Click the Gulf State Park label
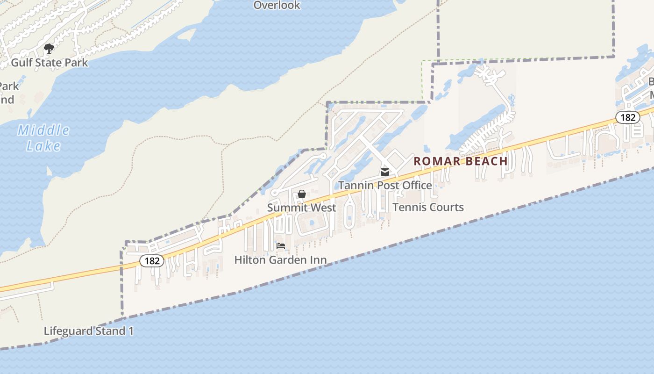49,62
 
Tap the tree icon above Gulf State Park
49,48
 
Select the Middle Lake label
43,138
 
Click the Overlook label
277,6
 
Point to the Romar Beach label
461,161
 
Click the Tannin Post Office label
385,186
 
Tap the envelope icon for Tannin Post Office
385,172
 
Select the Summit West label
302,207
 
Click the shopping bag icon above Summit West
302,194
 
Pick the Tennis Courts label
428,207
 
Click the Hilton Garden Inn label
280,260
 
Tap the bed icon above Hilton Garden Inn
281,246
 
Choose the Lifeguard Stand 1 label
89,331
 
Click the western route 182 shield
152,261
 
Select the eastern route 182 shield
628,117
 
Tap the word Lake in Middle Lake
43,146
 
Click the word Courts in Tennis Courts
446,207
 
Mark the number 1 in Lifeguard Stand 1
131,331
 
